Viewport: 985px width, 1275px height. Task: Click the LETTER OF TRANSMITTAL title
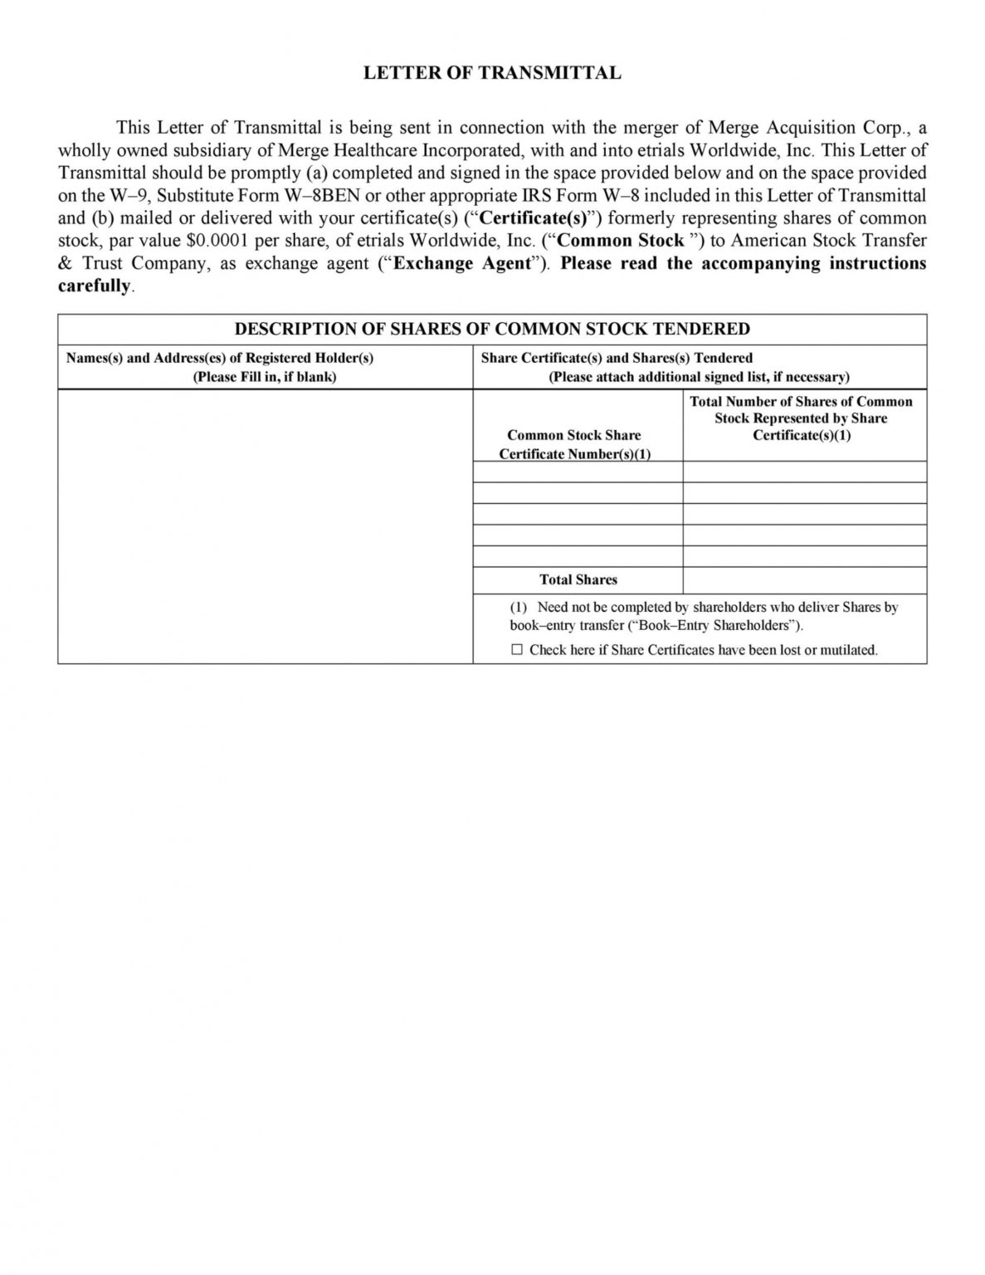point(492,73)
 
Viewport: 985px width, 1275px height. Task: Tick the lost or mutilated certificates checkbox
point(517,649)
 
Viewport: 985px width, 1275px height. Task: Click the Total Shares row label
point(578,579)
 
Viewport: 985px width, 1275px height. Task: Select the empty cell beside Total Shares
point(804,579)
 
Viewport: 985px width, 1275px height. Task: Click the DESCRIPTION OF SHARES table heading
point(492,329)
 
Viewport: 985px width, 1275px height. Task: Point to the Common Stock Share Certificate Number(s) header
point(574,444)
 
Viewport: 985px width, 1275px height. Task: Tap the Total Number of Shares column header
point(801,418)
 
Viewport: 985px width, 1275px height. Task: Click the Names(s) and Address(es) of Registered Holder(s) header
point(220,358)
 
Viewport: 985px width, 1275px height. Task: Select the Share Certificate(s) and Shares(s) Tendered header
point(617,358)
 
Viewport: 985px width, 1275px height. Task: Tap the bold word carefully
point(94,286)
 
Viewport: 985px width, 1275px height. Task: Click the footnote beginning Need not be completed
point(704,616)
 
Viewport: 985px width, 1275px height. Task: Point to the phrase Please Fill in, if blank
point(265,376)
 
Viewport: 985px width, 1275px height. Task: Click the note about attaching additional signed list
point(699,376)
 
